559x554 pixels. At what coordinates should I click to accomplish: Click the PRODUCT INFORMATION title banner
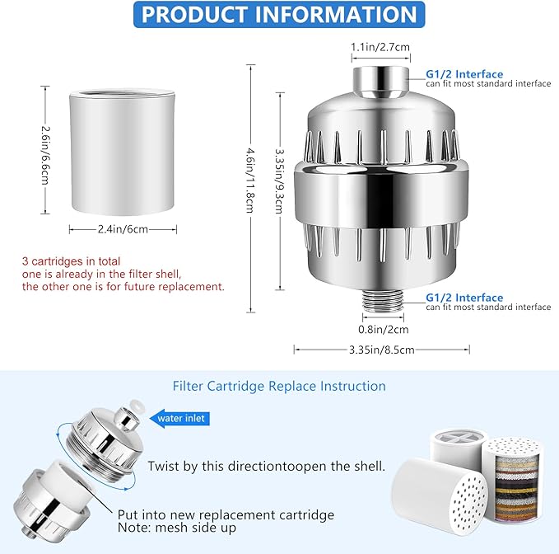(279, 14)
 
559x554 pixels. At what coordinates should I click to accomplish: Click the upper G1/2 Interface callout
(464, 73)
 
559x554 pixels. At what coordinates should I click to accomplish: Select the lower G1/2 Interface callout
(464, 298)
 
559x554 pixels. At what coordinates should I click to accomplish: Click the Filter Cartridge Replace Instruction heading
(279, 386)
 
